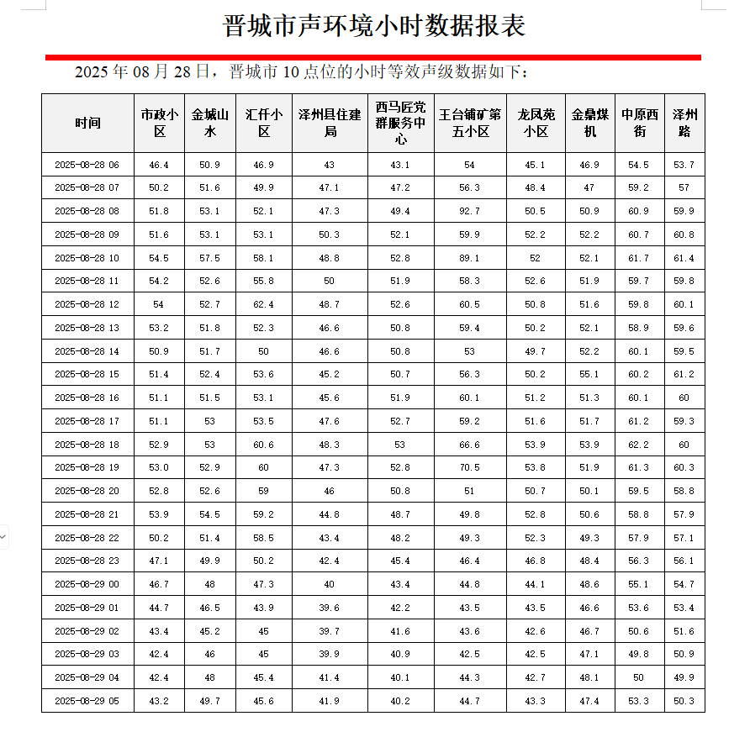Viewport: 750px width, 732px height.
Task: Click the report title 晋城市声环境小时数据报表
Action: pos(374,25)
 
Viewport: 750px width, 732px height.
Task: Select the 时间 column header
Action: pos(87,123)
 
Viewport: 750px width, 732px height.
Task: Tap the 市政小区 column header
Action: pos(159,123)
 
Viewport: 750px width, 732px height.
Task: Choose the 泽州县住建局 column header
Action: pos(330,123)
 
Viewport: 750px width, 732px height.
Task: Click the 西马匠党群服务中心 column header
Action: pos(400,123)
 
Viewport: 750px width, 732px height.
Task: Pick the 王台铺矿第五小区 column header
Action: pos(469,123)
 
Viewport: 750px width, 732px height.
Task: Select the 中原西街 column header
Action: pos(639,123)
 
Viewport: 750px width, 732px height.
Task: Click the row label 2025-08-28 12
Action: pos(87,304)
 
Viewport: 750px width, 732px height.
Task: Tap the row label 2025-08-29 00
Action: pos(87,584)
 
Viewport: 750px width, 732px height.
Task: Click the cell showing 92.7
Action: pos(469,211)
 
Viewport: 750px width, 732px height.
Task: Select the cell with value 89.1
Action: pos(469,258)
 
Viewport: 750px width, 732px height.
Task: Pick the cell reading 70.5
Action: pos(469,467)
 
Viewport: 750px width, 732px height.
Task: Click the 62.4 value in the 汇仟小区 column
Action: pos(263,304)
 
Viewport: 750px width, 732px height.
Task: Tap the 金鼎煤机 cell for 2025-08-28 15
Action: pos(589,374)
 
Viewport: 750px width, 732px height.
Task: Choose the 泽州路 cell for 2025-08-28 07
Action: pos(684,187)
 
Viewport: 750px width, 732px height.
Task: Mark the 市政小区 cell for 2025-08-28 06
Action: pos(159,165)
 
